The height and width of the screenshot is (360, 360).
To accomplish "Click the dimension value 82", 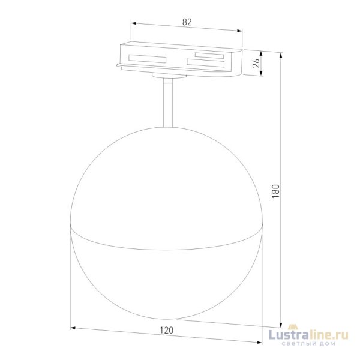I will coord(187,22).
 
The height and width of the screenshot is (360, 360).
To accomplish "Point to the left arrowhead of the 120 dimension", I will coord(73,328).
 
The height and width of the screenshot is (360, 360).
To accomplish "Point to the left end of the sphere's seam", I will coord(71,227).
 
